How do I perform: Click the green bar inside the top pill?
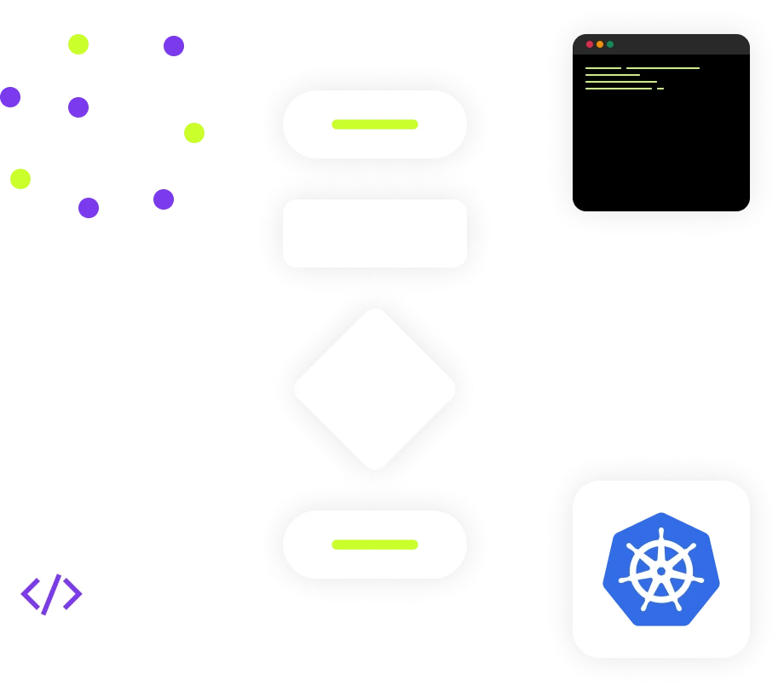point(375,124)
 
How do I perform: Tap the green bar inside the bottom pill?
point(375,545)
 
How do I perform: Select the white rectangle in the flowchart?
point(375,234)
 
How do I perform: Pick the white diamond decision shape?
point(375,389)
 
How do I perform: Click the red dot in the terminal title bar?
point(590,44)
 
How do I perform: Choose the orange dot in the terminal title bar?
point(600,44)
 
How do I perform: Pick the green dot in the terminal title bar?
point(610,44)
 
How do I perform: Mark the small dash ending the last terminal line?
point(660,89)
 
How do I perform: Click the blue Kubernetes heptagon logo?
point(661,569)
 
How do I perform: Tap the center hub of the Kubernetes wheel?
point(661,571)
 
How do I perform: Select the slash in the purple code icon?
point(52,594)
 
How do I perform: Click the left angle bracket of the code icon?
point(31,594)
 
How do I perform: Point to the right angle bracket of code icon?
point(72,594)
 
